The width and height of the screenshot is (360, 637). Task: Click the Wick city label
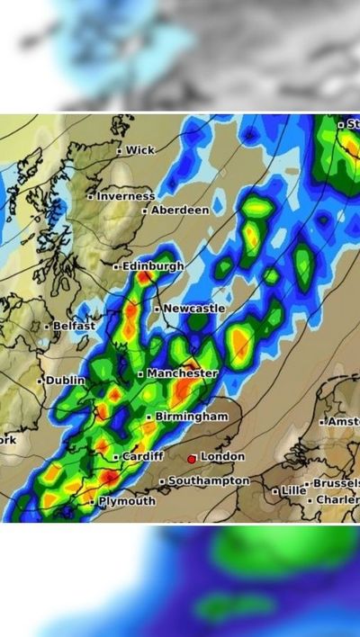point(140,150)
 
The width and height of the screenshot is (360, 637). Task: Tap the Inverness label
point(126,195)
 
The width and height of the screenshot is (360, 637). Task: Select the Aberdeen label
point(180,210)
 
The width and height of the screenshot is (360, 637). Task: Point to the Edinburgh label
point(153,266)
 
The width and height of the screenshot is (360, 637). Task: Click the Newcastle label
point(194,309)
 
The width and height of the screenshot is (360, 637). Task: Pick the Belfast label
point(75,326)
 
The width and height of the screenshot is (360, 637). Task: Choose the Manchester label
point(183,372)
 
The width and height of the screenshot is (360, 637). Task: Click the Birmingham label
point(192,417)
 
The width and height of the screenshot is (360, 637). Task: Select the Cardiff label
point(143,456)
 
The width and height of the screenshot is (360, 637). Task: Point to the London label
point(222,457)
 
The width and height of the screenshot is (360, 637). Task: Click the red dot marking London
point(192,459)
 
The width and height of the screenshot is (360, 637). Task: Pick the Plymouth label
point(127,501)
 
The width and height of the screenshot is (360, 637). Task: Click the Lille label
point(293,490)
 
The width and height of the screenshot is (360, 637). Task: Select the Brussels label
point(336,483)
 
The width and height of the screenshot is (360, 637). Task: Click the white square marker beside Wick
point(120,151)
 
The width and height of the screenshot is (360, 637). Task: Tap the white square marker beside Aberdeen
point(145,211)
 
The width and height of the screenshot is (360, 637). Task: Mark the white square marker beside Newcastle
point(157,310)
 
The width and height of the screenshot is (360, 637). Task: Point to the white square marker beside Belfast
point(48,327)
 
